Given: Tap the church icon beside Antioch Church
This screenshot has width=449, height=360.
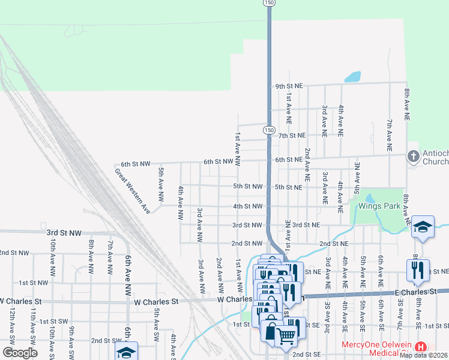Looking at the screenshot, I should [x=413, y=157].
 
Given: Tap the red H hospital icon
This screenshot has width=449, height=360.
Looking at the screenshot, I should [x=421, y=347].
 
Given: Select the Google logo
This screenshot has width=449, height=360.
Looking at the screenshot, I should [x=20, y=353].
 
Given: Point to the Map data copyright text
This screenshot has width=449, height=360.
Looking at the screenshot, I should [x=424, y=355].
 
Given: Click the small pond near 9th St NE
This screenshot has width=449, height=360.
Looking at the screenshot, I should [x=353, y=77].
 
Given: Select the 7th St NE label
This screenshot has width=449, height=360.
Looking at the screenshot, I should [x=292, y=136].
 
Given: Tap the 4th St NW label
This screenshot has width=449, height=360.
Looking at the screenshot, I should [x=248, y=206].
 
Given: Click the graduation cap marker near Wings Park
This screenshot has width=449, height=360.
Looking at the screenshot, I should [x=423, y=227].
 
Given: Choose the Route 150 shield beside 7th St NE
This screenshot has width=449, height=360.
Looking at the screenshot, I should [x=268, y=130].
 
